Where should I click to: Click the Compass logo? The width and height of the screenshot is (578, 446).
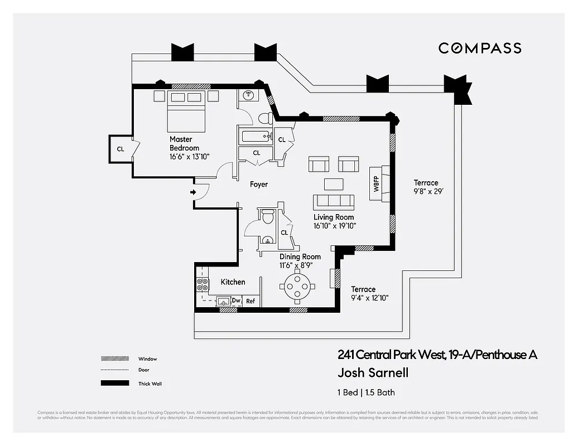point(480,48)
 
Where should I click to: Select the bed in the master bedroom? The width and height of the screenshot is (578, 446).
point(186,112)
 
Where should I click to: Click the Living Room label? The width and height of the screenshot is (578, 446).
point(334,221)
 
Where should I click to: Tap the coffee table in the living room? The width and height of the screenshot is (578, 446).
point(335,183)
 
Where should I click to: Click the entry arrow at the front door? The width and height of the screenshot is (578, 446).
point(193,192)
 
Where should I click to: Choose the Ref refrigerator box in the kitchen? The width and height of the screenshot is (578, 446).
point(251,301)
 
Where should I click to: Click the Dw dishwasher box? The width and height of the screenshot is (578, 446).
point(236,301)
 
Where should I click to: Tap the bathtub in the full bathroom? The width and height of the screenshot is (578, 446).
point(255,136)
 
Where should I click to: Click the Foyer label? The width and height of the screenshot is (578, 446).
point(258,184)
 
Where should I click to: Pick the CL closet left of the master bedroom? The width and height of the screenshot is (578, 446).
point(121,149)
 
